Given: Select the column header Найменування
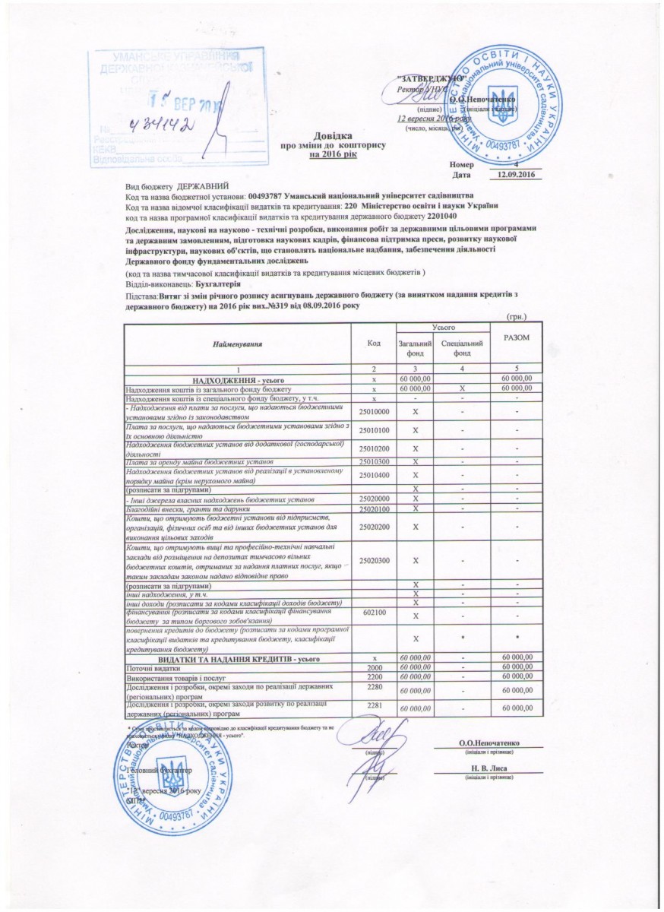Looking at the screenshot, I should pyautogui.click(x=238, y=344).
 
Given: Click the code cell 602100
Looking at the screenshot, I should pyautogui.click(x=374, y=612).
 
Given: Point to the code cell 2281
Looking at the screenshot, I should pyautogui.click(x=374, y=708).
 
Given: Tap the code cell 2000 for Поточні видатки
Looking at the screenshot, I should pyautogui.click(x=374, y=667).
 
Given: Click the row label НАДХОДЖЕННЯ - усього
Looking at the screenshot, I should pyautogui.click(x=238, y=378).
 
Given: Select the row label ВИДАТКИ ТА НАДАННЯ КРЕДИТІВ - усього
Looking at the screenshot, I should pyautogui.click(x=238, y=657).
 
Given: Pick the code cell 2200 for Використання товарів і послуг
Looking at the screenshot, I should pyautogui.click(x=374, y=676).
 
